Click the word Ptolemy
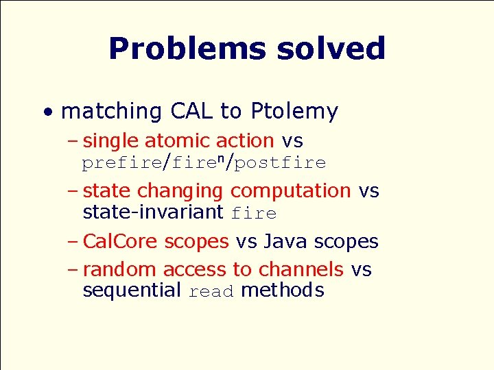click(294, 111)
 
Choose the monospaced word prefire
click(121, 163)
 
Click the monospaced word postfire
click(280, 163)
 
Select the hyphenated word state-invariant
click(153, 212)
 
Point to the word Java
click(285, 241)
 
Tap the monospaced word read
click(211, 292)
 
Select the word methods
click(282, 291)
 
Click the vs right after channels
click(361, 270)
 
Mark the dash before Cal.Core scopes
click(73, 241)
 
